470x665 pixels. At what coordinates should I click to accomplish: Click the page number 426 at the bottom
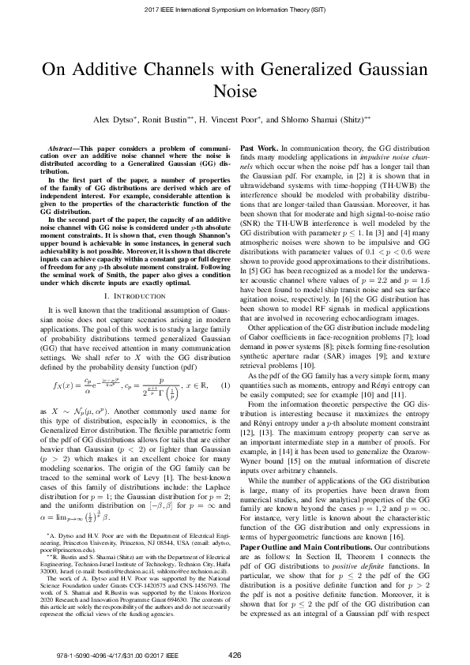[235, 655]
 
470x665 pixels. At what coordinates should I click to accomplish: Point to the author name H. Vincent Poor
[243, 122]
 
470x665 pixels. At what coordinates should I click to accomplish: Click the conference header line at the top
[235, 9]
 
